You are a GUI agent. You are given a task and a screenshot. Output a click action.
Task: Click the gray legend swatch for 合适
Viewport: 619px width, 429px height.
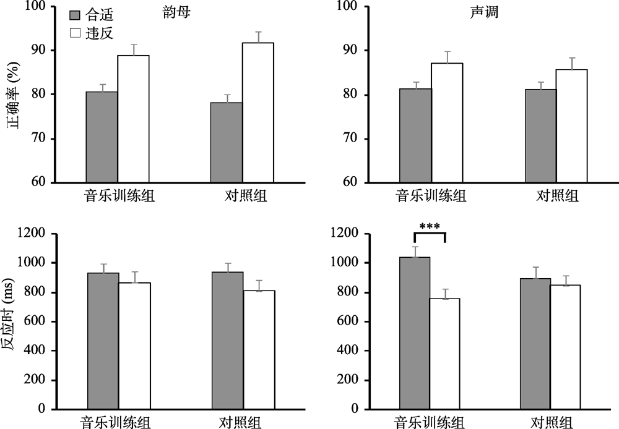(75, 15)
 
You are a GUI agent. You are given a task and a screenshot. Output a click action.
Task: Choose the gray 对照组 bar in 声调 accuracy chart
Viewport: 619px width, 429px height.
(540, 135)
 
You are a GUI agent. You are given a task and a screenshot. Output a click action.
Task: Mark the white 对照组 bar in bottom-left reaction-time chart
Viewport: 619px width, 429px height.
(259, 349)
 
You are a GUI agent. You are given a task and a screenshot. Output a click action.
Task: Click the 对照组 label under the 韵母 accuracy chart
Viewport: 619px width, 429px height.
(243, 197)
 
